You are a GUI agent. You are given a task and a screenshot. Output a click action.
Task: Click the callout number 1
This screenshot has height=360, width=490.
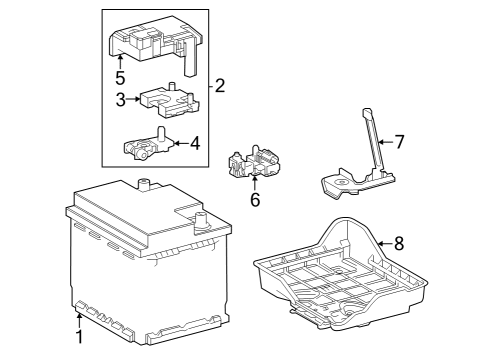[x=79, y=337]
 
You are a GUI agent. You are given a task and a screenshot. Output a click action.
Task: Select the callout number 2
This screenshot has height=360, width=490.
[x=220, y=86]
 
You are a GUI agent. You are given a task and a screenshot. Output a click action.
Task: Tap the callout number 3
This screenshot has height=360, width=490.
[x=121, y=99]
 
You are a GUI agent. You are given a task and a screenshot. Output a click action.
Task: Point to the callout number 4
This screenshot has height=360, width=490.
[x=195, y=143]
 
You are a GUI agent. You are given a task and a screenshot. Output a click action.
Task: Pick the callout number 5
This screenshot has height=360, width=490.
[x=120, y=78]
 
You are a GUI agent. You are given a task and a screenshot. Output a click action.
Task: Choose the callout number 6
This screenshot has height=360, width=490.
[x=255, y=200]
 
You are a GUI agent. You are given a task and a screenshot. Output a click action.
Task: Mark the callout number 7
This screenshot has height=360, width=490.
[x=400, y=142]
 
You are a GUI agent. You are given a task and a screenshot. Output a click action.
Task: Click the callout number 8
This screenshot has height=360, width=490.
[x=399, y=243]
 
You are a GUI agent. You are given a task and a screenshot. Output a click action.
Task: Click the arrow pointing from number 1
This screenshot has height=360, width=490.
[x=79, y=321]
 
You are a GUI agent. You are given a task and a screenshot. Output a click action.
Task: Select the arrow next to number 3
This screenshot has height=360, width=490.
[x=133, y=99]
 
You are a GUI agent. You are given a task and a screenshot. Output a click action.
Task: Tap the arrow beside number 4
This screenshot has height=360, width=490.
[x=182, y=143]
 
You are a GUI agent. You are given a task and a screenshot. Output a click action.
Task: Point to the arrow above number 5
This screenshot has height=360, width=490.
[x=120, y=63]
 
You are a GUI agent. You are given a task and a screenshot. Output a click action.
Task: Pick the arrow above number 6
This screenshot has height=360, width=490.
[x=255, y=184]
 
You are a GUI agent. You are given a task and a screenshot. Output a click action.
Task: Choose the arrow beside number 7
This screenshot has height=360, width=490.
[x=386, y=142]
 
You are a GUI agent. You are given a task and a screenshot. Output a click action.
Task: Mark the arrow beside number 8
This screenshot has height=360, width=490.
[x=385, y=244]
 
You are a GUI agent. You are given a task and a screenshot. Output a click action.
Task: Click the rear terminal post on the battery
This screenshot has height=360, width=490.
[x=144, y=185]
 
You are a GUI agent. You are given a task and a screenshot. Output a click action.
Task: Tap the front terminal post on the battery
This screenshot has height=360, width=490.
[x=200, y=221]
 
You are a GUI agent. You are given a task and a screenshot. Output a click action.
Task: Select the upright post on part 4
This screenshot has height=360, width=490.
[x=161, y=134]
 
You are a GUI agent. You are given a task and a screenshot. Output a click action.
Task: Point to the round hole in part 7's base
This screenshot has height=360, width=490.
[x=342, y=182]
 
